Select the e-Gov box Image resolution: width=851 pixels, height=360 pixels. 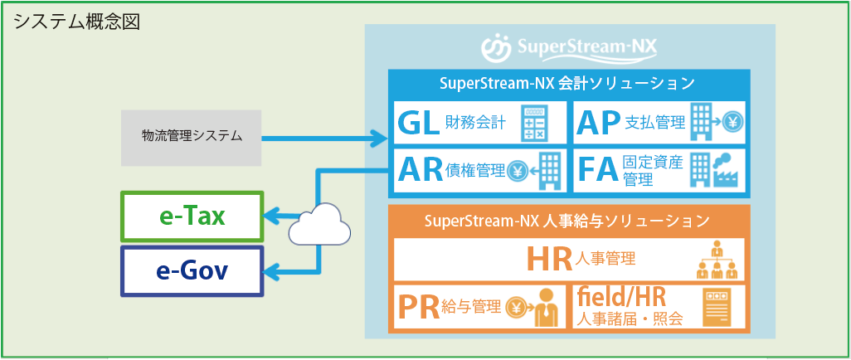click(x=192, y=270)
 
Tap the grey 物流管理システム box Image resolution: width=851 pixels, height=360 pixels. click(x=191, y=136)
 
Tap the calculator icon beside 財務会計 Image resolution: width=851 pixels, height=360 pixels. click(x=538, y=123)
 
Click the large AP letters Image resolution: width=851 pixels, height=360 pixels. click(x=599, y=123)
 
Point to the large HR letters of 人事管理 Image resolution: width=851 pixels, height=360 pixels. click(x=550, y=260)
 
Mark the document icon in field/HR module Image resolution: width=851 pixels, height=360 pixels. click(x=716, y=307)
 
